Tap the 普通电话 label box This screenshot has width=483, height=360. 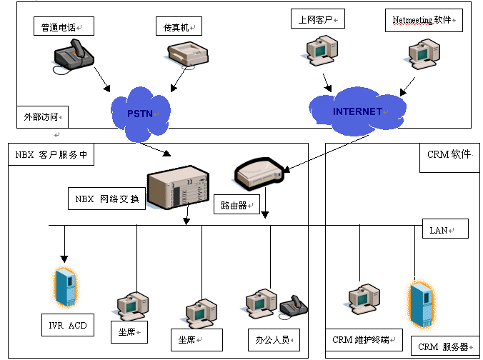[63, 26]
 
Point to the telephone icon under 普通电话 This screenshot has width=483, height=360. [73, 57]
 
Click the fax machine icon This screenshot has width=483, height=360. [188, 55]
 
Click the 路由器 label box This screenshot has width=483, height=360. [234, 206]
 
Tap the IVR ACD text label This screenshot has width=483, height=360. [68, 326]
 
